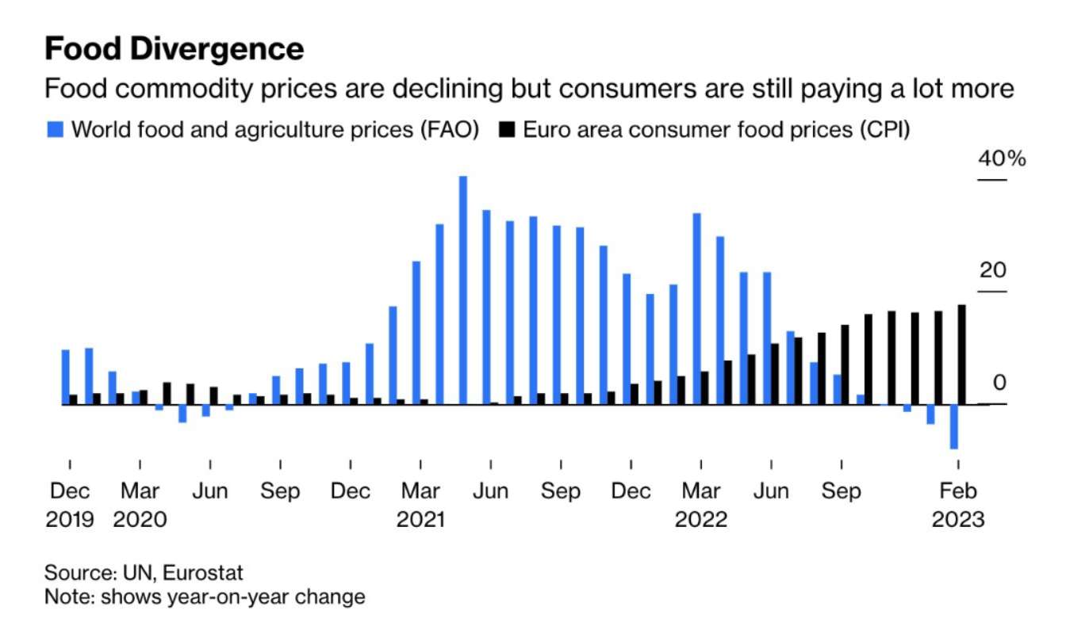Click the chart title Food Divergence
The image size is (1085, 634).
pyautogui.click(x=174, y=49)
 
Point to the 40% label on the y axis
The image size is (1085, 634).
pyautogui.click(x=1002, y=159)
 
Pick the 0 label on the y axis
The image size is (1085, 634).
pyautogui.click(x=999, y=383)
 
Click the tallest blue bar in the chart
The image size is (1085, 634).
pyautogui.click(x=463, y=290)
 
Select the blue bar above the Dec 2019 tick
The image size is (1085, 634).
pyautogui.click(x=65, y=376)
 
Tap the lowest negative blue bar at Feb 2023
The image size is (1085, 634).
pyautogui.click(x=953, y=426)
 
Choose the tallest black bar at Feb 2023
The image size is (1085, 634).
pyautogui.click(x=962, y=354)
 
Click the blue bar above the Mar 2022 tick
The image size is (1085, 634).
pyautogui.click(x=696, y=309)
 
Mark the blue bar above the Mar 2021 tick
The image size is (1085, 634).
pyautogui.click(x=416, y=333)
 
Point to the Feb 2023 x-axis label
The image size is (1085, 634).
pyautogui.click(x=958, y=491)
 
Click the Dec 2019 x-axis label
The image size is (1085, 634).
pyautogui.click(x=70, y=491)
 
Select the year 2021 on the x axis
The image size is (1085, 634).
pyautogui.click(x=420, y=520)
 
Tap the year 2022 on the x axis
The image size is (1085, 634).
pyautogui.click(x=701, y=520)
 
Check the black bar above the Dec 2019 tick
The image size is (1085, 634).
pyautogui.click(x=74, y=399)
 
